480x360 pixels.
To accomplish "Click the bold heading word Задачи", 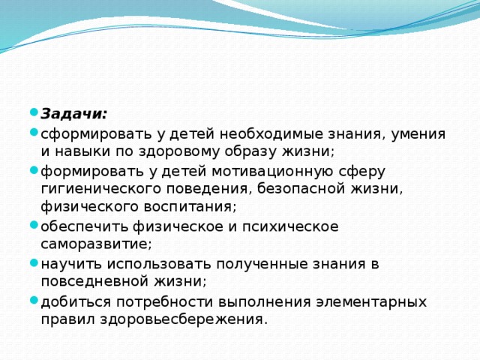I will point(73,113).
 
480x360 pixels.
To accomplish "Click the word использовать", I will point(154,263).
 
